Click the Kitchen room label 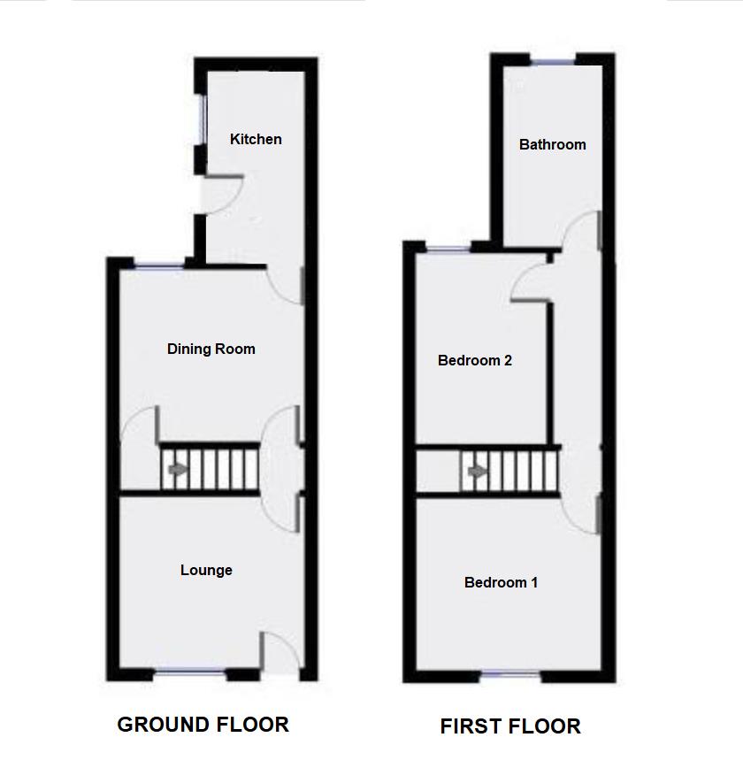click(256, 139)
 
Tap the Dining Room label click(211, 349)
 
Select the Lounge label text click(206, 570)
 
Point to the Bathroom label click(552, 144)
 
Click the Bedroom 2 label click(475, 360)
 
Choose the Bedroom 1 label click(501, 582)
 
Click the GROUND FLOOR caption click(203, 725)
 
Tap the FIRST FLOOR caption click(510, 726)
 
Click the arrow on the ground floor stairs click(178, 470)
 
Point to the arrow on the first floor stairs click(477, 472)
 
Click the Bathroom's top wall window click(552, 59)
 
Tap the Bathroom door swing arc click(580, 229)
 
